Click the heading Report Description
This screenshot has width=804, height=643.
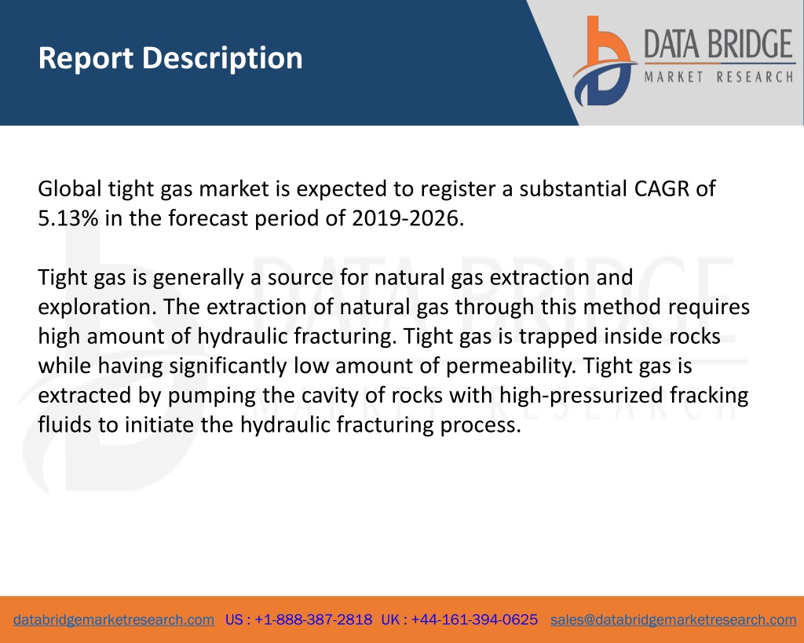pyautogui.click(x=170, y=58)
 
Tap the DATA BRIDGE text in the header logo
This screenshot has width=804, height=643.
pyautogui.click(x=718, y=44)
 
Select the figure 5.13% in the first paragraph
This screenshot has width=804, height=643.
pyautogui.click(x=68, y=218)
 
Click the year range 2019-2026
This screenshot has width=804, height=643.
pyautogui.click(x=407, y=218)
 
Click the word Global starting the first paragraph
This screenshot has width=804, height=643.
pyautogui.click(x=70, y=188)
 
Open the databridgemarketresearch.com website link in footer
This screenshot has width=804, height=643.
pyautogui.click(x=114, y=620)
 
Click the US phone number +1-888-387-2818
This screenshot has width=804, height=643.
pyautogui.click(x=313, y=620)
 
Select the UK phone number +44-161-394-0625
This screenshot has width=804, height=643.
pyautogui.click(x=474, y=620)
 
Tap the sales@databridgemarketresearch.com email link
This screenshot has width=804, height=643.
pyautogui.click(x=673, y=620)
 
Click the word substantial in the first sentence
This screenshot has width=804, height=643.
pyautogui.click(x=573, y=188)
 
